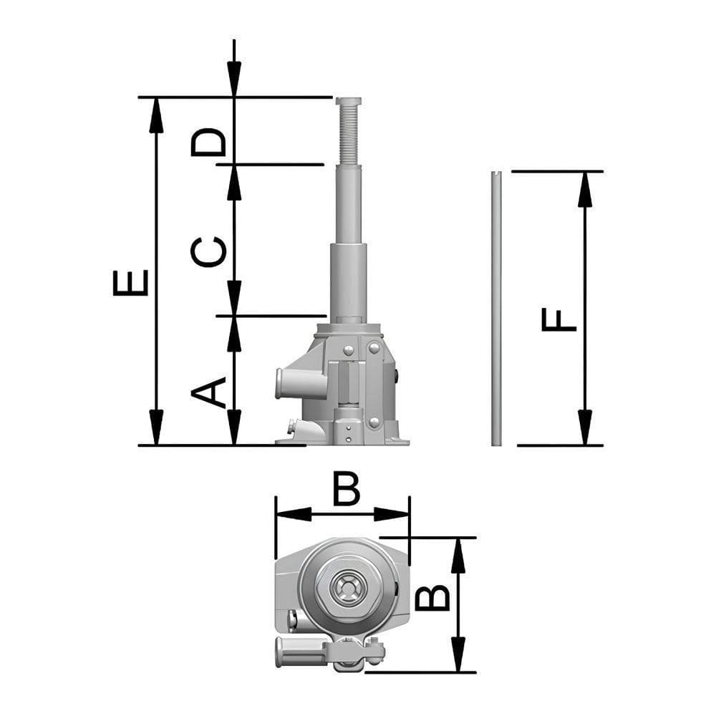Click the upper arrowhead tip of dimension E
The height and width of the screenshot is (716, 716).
[x=156, y=97]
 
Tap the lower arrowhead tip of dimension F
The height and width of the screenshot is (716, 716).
[x=585, y=445]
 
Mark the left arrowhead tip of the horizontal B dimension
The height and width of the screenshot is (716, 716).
[x=276, y=514]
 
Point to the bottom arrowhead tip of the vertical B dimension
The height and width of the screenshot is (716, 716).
[x=458, y=672]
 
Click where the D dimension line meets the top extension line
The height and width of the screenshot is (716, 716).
[x=234, y=97]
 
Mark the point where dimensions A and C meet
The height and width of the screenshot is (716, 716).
[x=234, y=316]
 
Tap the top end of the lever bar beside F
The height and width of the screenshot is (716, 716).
[x=497, y=172]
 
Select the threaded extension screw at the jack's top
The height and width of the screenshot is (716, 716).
[x=349, y=135]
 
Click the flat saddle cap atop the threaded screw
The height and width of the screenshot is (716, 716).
[x=349, y=101]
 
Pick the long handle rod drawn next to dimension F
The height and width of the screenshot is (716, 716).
[x=497, y=308]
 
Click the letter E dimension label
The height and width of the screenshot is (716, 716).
[x=130, y=283]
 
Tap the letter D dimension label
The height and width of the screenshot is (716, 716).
[x=208, y=142]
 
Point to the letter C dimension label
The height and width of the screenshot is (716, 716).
[x=208, y=251]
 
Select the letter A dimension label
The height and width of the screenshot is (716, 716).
[x=208, y=392]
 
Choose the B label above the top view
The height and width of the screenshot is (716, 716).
[x=347, y=489]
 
